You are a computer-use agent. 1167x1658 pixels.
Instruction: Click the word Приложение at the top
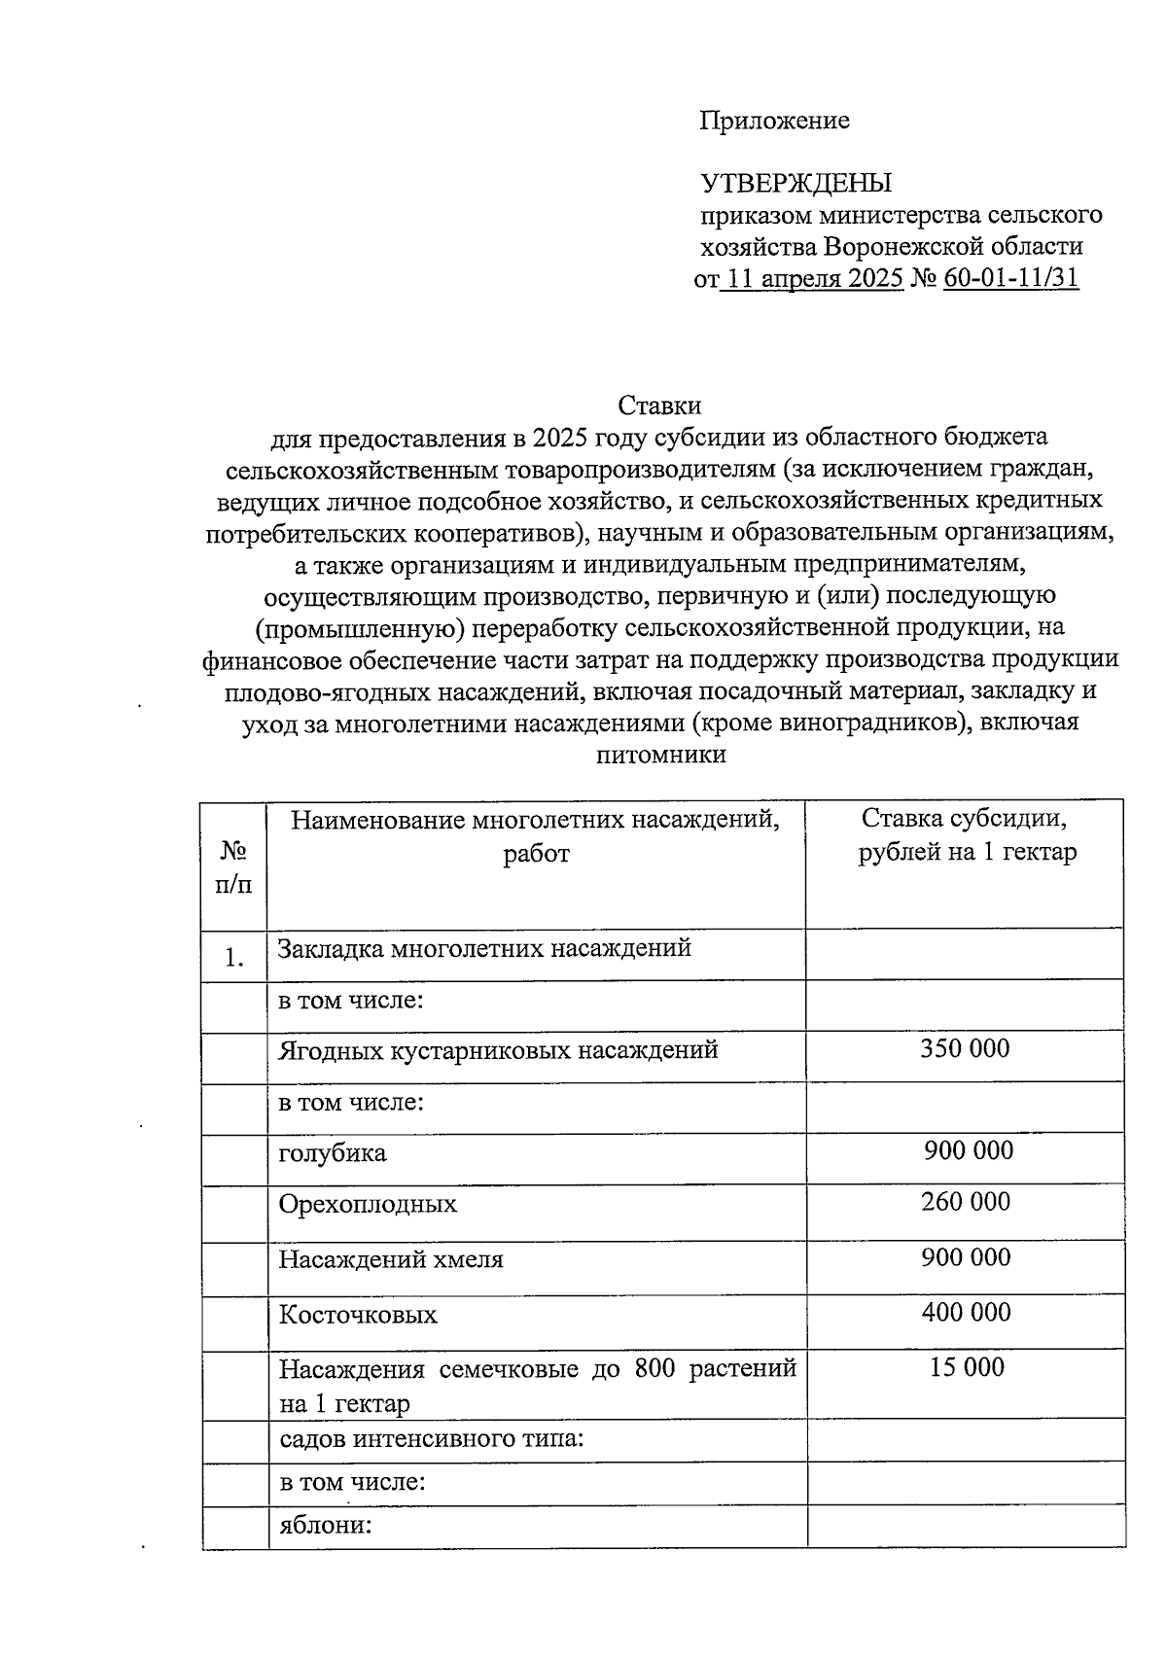[x=774, y=121]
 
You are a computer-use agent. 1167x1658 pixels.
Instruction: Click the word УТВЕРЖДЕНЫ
[x=796, y=183]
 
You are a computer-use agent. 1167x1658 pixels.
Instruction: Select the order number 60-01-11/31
[x=1010, y=278]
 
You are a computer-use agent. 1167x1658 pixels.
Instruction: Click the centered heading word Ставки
[x=659, y=405]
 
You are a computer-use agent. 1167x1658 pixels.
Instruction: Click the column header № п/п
[x=233, y=866]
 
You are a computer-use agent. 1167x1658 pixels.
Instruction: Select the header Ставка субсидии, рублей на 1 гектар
[x=967, y=835]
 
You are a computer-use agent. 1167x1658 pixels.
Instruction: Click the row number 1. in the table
[x=233, y=958]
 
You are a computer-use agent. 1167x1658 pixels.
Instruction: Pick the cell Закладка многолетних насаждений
[x=484, y=947]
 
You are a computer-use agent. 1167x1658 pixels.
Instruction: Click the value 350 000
[x=965, y=1048]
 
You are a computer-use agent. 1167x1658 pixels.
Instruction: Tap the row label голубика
[x=333, y=1153]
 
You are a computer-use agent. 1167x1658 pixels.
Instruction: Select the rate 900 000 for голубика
[x=968, y=1150]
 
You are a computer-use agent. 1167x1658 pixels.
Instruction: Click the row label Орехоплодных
[x=368, y=1205]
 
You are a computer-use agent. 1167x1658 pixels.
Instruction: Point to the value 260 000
[x=966, y=1202]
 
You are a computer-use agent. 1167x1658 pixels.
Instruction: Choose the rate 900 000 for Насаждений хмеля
[x=966, y=1257]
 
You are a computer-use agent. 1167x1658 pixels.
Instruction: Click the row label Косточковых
[x=358, y=1316]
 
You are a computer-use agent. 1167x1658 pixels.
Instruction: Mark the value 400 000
[x=966, y=1313]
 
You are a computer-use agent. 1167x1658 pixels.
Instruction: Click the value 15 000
[x=966, y=1368]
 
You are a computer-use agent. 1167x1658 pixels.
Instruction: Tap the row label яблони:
[x=326, y=1525]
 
